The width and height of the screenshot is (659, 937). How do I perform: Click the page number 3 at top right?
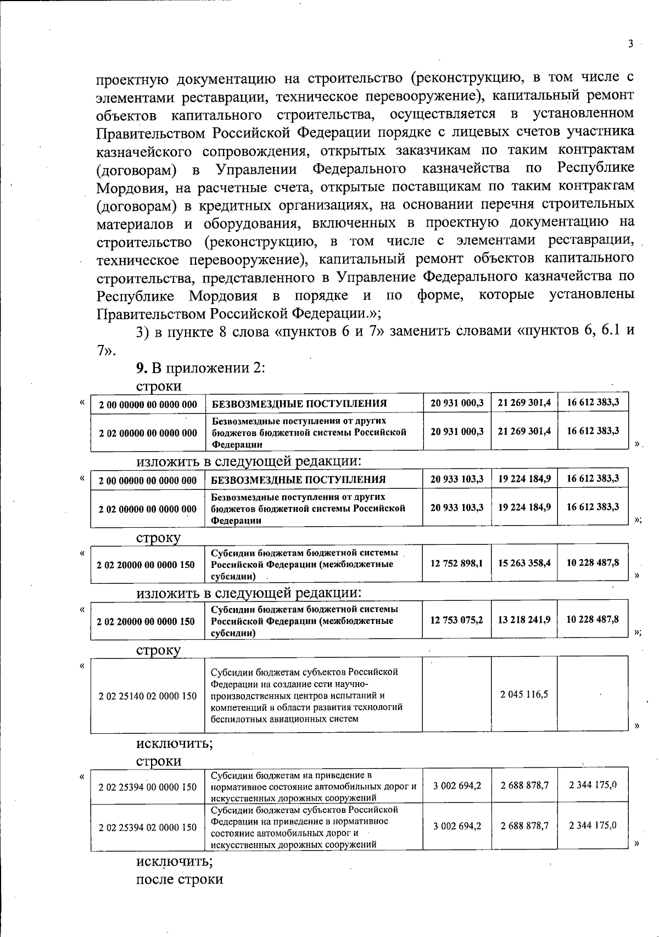click(631, 44)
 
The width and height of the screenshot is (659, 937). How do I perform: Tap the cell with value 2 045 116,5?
click(524, 694)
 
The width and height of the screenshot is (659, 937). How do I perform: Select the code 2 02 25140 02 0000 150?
click(148, 696)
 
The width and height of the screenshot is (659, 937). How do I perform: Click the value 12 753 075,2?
click(456, 620)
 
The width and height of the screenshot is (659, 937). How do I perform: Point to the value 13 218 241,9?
click(524, 620)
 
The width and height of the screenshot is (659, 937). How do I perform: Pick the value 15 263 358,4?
click(524, 563)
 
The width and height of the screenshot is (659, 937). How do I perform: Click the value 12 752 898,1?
click(456, 563)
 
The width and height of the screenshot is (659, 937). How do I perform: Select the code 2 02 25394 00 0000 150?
click(148, 787)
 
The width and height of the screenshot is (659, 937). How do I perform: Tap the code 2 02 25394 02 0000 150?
click(148, 827)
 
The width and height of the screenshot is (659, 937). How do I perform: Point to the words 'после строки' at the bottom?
click(180, 879)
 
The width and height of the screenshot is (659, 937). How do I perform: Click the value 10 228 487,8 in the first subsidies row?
click(592, 563)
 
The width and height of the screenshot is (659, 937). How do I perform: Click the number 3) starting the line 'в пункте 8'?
click(143, 331)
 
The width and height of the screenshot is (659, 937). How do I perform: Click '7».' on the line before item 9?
click(107, 350)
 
